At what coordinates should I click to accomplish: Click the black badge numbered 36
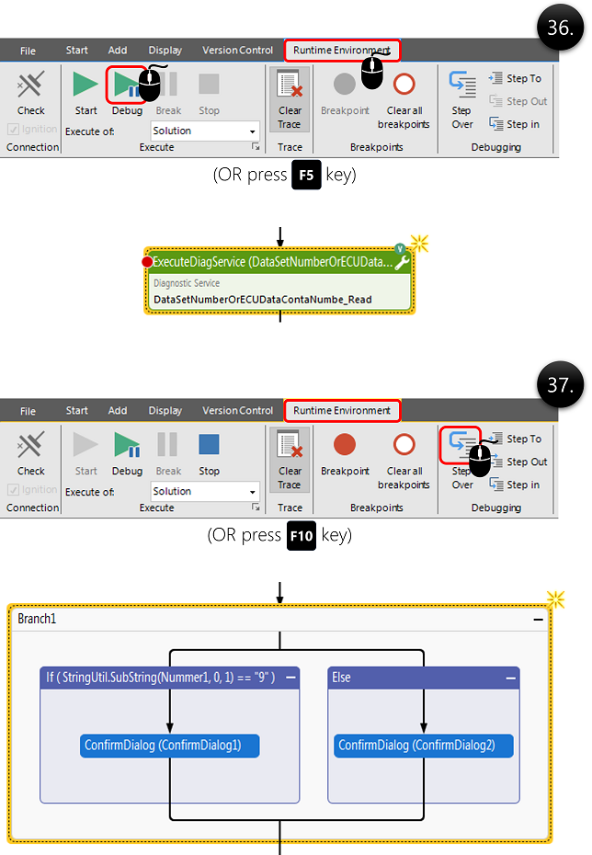pyautogui.click(x=559, y=28)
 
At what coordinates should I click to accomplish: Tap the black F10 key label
pyautogui.click(x=302, y=536)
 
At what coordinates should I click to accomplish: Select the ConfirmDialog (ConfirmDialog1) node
pyautogui.click(x=170, y=746)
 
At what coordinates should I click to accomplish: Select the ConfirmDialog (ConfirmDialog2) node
pyautogui.click(x=424, y=746)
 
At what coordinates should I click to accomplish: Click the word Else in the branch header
pyautogui.click(x=340, y=678)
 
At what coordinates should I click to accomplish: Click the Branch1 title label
pyautogui.click(x=38, y=619)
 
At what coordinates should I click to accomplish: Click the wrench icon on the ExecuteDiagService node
pyautogui.click(x=402, y=263)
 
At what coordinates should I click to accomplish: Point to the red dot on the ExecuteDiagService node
pyautogui.click(x=147, y=263)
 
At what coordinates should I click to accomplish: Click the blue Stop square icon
pyautogui.click(x=209, y=445)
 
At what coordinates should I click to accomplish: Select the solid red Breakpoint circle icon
pyautogui.click(x=345, y=445)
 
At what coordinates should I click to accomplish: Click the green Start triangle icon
pyautogui.click(x=86, y=85)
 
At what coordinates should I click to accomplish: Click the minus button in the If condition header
pyautogui.click(x=290, y=678)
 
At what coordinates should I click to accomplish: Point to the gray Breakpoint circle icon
pyautogui.click(x=345, y=85)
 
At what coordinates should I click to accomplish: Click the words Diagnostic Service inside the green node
pyautogui.click(x=187, y=284)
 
